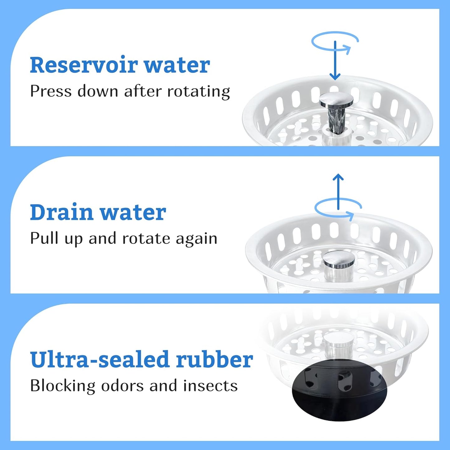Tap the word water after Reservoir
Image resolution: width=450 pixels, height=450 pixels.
pyautogui.click(x=177, y=65)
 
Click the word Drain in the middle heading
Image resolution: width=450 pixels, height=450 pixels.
pyautogui.click(x=62, y=212)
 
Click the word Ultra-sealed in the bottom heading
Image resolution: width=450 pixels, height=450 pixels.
pyautogui.click(x=100, y=360)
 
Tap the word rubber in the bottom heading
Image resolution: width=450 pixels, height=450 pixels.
pyautogui.click(x=214, y=360)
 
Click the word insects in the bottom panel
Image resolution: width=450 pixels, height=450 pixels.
pyautogui.click(x=211, y=386)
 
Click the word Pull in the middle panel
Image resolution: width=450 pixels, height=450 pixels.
pyautogui.click(x=44, y=238)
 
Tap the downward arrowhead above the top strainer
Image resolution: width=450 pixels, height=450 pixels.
pyautogui.click(x=335, y=76)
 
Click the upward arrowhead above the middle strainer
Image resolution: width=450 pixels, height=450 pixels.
pyautogui.click(x=338, y=177)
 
